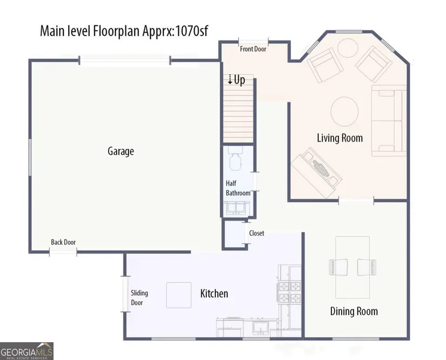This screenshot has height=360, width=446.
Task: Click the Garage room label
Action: click(x=121, y=151)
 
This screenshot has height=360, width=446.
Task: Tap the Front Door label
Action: click(x=253, y=49)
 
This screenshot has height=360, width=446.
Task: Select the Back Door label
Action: click(x=63, y=242)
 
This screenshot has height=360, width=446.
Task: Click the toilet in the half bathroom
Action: click(x=235, y=159)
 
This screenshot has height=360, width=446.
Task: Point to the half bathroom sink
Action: click(x=236, y=208)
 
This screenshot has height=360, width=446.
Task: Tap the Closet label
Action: click(x=257, y=233)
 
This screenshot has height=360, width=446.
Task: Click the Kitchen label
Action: click(x=214, y=294)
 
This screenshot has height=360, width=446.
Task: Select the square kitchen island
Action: click(x=178, y=295)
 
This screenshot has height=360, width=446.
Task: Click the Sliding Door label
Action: click(x=139, y=298)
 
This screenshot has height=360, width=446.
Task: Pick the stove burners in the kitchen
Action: click(x=289, y=292)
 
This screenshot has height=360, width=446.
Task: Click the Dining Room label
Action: click(x=354, y=311)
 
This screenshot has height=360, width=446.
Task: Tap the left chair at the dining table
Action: click(x=338, y=267)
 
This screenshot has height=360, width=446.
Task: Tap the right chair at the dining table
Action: click(x=367, y=267)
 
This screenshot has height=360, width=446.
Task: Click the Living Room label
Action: click(x=340, y=138)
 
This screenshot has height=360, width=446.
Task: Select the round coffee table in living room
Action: click(x=344, y=111)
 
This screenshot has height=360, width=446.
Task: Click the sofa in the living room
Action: click(x=389, y=121)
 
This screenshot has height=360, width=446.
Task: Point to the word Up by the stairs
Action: click(x=239, y=80)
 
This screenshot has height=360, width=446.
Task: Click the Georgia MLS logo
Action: click(x=26, y=351)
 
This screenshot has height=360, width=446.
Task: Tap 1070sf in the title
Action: click(x=191, y=31)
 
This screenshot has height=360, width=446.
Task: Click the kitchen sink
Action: click(x=261, y=326)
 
